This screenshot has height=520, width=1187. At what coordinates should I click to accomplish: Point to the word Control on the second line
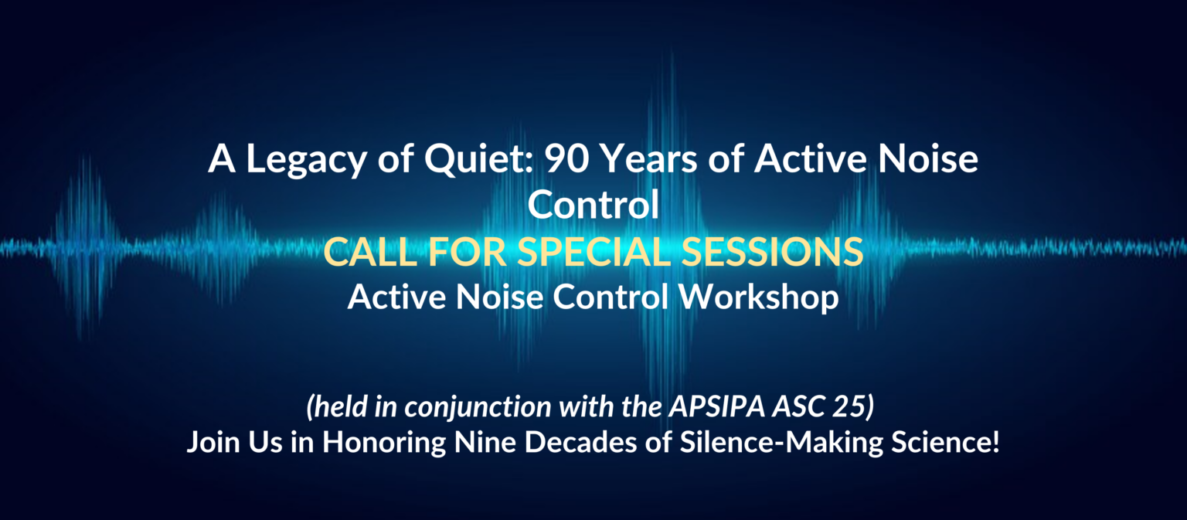[593, 205]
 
